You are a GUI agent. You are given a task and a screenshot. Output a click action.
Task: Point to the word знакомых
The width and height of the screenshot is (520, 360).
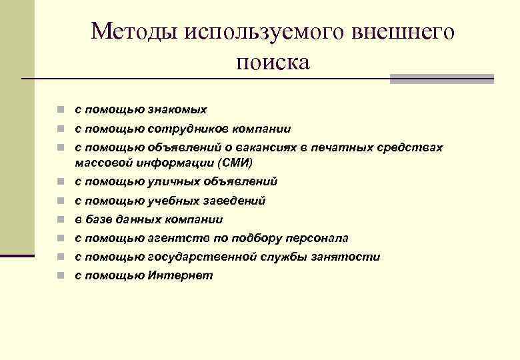click(176, 109)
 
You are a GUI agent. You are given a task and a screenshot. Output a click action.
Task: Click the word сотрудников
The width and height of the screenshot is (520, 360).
click(183, 129)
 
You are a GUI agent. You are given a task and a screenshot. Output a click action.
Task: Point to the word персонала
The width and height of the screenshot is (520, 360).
click(317, 238)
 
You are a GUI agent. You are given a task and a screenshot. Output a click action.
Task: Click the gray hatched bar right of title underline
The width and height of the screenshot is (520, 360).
click(441, 79)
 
